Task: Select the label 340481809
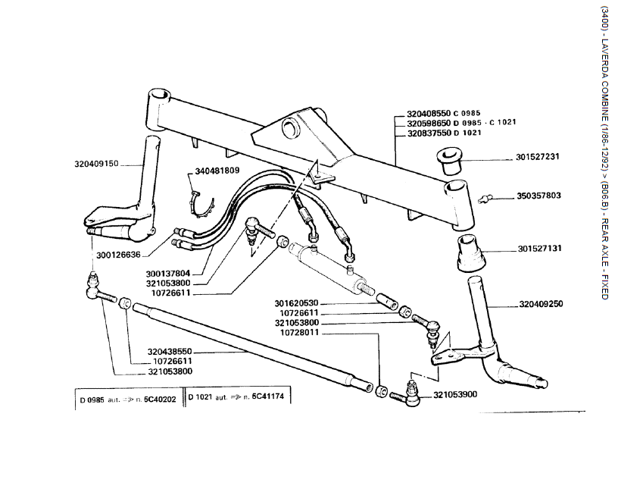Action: (x=217, y=171)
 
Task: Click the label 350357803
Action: (x=539, y=196)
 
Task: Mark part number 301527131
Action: (x=539, y=249)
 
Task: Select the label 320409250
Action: (x=541, y=305)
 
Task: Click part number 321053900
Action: (x=455, y=395)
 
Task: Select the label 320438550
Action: (x=170, y=352)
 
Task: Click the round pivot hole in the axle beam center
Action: (x=288, y=127)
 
